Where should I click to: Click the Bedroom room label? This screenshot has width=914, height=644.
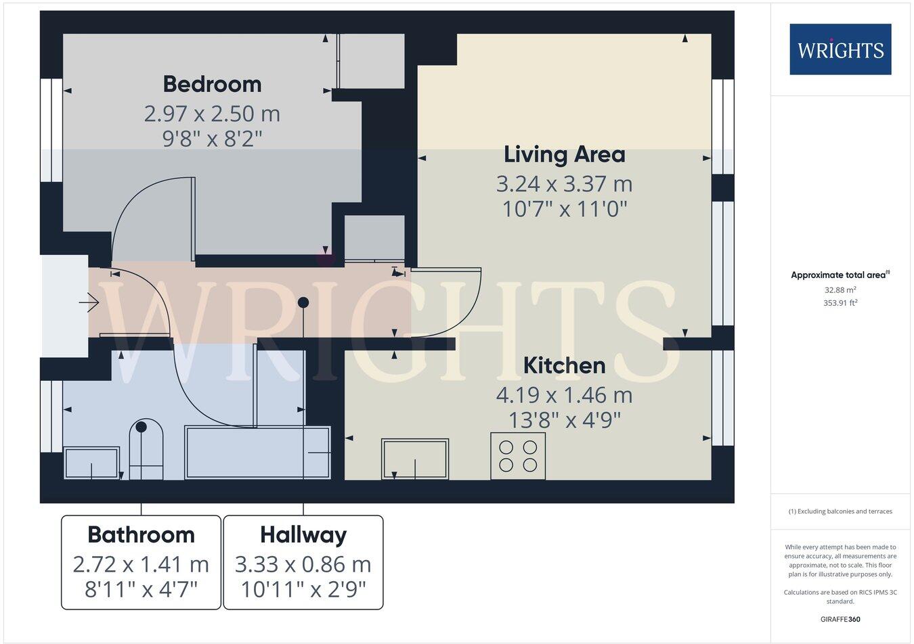212,84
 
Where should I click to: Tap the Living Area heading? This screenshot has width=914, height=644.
564,154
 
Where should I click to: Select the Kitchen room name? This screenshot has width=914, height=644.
564,365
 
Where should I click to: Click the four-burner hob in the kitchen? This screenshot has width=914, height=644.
518,456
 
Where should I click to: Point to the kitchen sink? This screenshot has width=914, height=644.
415,459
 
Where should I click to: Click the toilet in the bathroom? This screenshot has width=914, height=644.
146,450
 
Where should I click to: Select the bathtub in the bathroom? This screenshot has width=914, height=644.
257,452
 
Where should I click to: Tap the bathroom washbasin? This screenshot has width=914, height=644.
91,463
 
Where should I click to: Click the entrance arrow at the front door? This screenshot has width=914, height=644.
89,302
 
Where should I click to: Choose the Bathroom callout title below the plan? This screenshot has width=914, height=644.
141,534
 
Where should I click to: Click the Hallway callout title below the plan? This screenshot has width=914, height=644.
303,534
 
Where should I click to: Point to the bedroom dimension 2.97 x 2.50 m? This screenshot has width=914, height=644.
212,113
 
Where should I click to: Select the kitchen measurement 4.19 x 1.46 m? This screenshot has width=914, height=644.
564,394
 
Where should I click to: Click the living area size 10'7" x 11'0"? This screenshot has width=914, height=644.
564,209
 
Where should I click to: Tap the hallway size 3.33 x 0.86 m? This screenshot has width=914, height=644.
303,563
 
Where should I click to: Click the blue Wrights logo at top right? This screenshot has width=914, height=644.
840,49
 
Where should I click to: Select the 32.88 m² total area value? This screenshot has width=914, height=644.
840,290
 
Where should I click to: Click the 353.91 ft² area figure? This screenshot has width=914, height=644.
840,303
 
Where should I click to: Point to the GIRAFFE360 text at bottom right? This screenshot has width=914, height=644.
840,619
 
